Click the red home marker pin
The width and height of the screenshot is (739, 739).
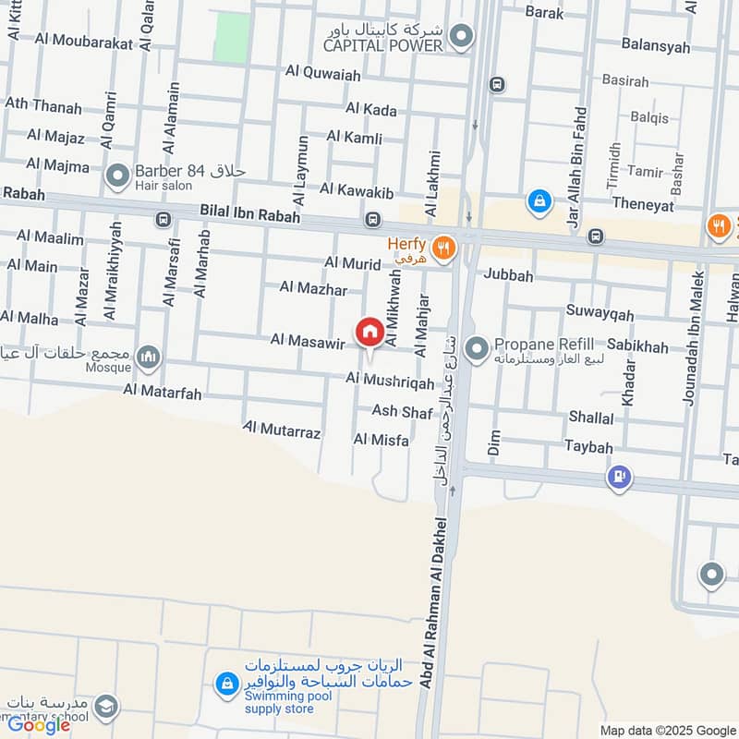[369, 332]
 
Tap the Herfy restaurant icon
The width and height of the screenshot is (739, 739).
[445, 247]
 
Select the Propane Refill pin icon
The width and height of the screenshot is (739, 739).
[478, 349]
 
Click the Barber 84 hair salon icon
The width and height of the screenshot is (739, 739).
[117, 176]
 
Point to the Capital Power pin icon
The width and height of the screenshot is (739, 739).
[463, 37]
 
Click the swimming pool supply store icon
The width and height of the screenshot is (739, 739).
[225, 684]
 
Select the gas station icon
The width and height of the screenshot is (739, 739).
[618, 478]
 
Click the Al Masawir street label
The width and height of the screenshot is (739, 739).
[308, 342]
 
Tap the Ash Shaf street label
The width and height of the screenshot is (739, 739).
[402, 412]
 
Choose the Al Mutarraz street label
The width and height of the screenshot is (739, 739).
[282, 431]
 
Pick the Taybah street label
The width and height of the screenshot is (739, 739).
[588, 447]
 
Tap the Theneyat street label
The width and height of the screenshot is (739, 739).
[643, 206]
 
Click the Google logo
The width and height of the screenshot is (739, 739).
[39, 725]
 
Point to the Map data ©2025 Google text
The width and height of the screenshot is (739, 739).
[665, 730]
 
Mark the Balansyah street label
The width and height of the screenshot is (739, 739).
[655, 44]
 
